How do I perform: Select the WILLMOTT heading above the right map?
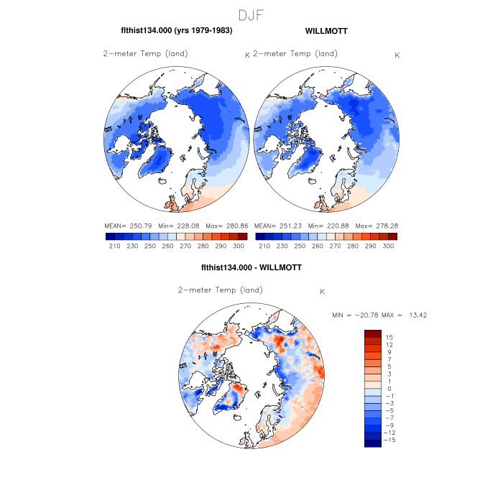[x=326, y=31]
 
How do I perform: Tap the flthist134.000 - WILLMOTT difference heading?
[x=251, y=267]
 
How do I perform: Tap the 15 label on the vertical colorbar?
[x=389, y=337]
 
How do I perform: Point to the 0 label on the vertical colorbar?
[x=389, y=389]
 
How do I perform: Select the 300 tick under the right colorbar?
[x=388, y=246]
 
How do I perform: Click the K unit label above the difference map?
[x=323, y=292]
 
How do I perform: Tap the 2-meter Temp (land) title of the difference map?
[x=220, y=290]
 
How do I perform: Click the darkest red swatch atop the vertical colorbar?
[x=372, y=333]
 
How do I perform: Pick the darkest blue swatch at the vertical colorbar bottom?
[x=372, y=443]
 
